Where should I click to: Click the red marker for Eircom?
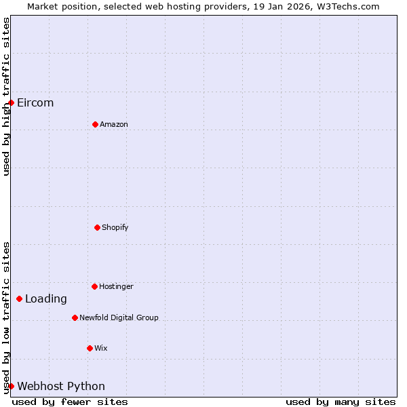click(11, 103)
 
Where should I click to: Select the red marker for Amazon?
click(95, 124)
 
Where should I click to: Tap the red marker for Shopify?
click(97, 227)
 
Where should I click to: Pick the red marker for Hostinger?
click(94, 286)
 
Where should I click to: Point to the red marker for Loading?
click(19, 298)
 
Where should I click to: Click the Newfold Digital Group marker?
click(75, 317)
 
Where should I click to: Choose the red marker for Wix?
click(90, 348)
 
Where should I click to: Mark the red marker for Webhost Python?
click(11, 386)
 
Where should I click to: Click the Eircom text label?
click(35, 103)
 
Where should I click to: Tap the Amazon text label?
click(114, 124)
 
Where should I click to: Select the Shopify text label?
click(115, 227)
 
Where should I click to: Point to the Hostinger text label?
click(116, 286)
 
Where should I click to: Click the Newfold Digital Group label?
click(119, 317)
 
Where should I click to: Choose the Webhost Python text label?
click(61, 386)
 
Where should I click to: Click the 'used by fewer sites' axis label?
click(70, 402)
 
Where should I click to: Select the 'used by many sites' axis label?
click(341, 402)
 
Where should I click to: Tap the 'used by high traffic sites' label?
click(6, 97)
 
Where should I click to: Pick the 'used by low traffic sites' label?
click(6, 317)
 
